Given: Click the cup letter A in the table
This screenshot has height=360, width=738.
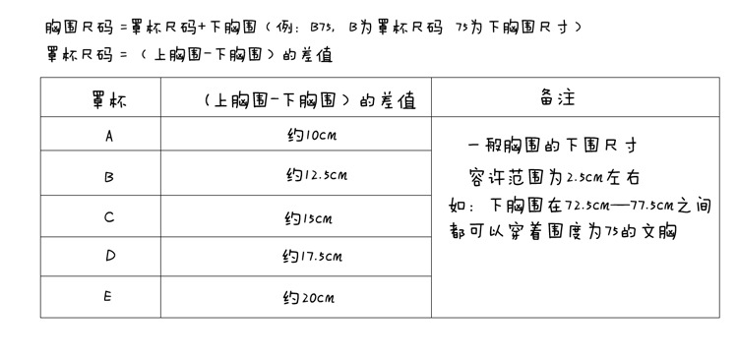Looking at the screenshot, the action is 109,136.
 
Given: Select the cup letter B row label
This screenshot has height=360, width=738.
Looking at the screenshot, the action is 108,177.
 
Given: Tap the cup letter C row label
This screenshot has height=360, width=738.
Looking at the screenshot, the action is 109,217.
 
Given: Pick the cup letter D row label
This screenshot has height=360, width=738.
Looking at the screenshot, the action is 110,256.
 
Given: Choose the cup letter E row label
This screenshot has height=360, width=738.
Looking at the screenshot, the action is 108,297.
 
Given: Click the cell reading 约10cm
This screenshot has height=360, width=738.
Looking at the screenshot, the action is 312,136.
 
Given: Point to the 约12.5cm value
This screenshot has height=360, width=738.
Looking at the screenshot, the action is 317,175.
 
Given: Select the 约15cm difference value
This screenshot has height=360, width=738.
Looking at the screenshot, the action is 309,218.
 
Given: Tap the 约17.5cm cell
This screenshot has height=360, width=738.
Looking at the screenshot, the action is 313,257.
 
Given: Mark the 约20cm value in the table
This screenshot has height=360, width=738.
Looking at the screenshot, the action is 309,297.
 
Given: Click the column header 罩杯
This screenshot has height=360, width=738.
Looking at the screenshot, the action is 109,100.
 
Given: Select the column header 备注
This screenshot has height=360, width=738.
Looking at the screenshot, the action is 557,97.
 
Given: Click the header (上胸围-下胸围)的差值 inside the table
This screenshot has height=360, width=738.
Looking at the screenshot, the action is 310,100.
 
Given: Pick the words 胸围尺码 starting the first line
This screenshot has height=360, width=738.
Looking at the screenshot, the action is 79,27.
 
